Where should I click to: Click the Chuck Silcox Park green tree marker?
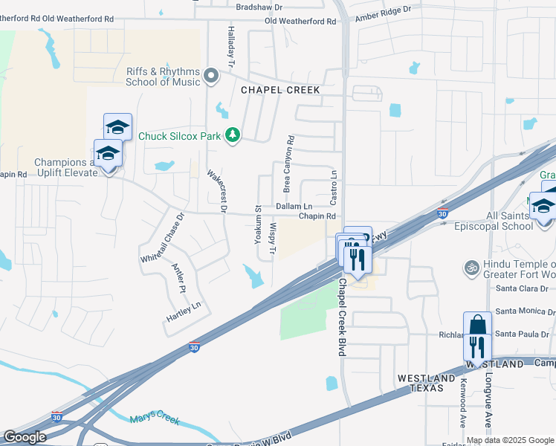coord(233,135)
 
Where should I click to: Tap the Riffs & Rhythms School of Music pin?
coord(211,76)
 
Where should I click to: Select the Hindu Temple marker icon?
coord(470,266)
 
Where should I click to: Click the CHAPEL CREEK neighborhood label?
coord(280,90)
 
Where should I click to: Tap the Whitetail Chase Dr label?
coord(162,238)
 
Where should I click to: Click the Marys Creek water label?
coord(155,421)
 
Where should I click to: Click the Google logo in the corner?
coord(25,437)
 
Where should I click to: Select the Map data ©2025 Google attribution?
coord(509,440)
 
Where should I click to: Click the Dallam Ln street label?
coord(294,206)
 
